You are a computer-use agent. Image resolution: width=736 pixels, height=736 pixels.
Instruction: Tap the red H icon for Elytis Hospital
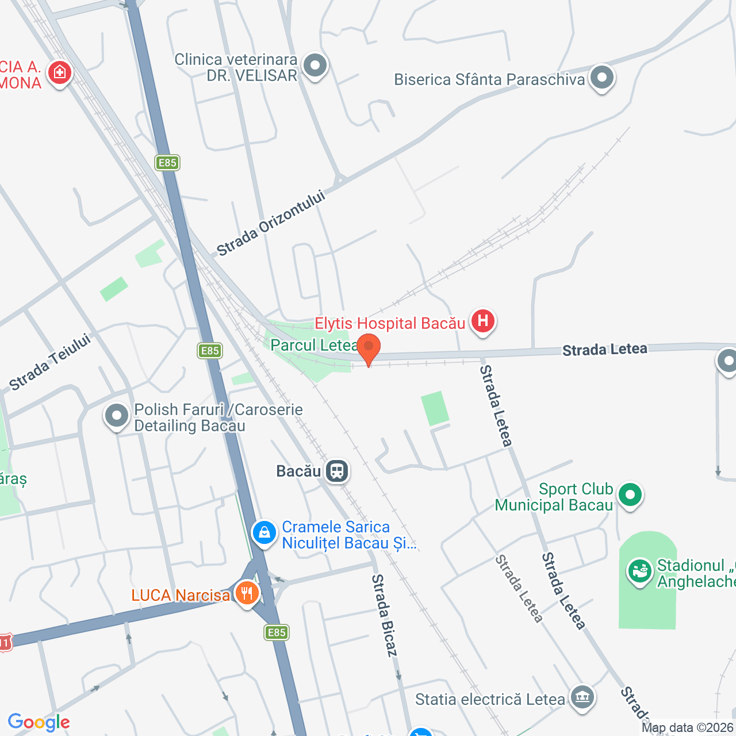[483, 321]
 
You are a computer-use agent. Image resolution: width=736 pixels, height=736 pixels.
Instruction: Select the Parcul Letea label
[314, 345]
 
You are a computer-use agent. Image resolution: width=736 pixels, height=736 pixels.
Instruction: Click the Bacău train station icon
[337, 471]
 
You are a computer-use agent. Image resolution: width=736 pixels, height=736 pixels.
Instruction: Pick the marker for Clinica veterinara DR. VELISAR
[315, 66]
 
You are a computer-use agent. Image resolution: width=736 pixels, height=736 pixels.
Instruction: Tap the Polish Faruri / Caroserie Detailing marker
[117, 416]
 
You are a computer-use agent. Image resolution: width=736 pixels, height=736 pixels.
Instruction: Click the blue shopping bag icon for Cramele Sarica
[264, 533]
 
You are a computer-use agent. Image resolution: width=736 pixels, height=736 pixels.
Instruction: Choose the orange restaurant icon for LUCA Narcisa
[247, 593]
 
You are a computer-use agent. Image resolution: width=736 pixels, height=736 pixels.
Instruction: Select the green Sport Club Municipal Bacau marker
[631, 495]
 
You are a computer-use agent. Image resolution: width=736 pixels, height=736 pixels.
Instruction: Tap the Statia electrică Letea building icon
[582, 698]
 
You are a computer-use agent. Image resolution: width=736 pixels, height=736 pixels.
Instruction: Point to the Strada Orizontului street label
[271, 223]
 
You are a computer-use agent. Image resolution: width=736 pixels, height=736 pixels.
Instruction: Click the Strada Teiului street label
[50, 362]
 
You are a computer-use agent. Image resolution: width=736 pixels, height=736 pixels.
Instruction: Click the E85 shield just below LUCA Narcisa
[277, 632]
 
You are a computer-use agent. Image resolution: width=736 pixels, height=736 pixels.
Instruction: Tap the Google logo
[39, 722]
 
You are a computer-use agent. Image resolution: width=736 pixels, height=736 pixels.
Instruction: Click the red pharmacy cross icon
[59, 73]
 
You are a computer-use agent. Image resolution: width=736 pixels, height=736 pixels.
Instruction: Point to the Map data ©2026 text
[687, 728]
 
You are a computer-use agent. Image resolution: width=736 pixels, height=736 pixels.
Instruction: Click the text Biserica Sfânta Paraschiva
[489, 79]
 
